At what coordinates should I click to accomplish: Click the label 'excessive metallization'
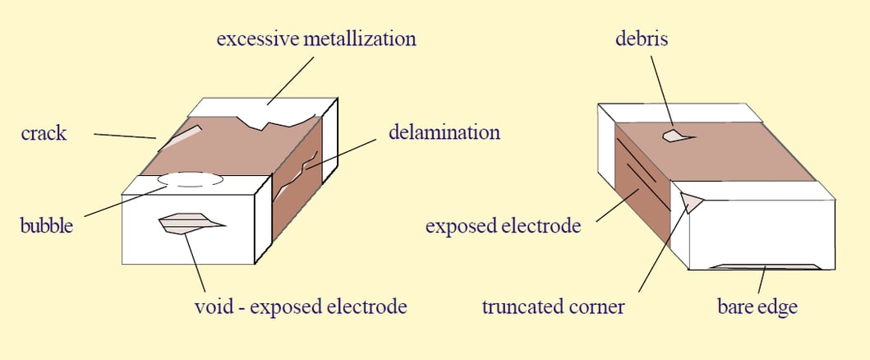(x=316, y=39)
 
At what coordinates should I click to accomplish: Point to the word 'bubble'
(x=46, y=225)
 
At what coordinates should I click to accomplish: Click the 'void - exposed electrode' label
(x=300, y=307)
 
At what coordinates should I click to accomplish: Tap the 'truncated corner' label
(x=553, y=307)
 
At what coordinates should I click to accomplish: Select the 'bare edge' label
(x=757, y=307)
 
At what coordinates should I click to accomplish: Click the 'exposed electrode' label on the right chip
(x=503, y=225)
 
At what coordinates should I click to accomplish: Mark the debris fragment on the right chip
(x=675, y=135)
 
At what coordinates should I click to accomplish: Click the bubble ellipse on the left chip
(x=190, y=179)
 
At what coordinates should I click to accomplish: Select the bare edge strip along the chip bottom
(x=764, y=266)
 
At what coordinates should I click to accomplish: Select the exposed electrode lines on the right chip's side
(x=642, y=168)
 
